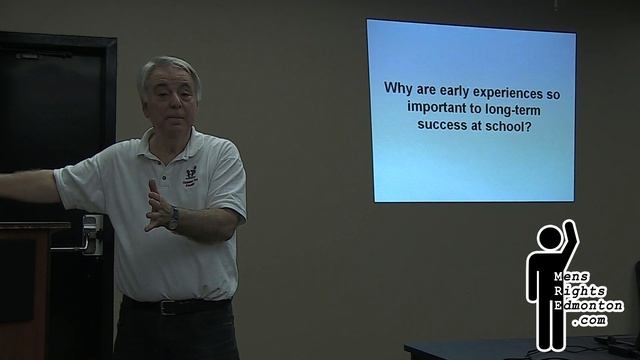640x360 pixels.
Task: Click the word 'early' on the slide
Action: [x=462, y=88]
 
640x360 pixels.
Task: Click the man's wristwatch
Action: [x=173, y=218]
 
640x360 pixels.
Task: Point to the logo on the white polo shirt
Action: [x=190, y=174]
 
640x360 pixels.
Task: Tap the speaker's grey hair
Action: [x=168, y=68]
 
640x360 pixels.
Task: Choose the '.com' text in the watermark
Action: [x=589, y=320]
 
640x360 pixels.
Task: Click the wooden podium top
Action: [x=35, y=227]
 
